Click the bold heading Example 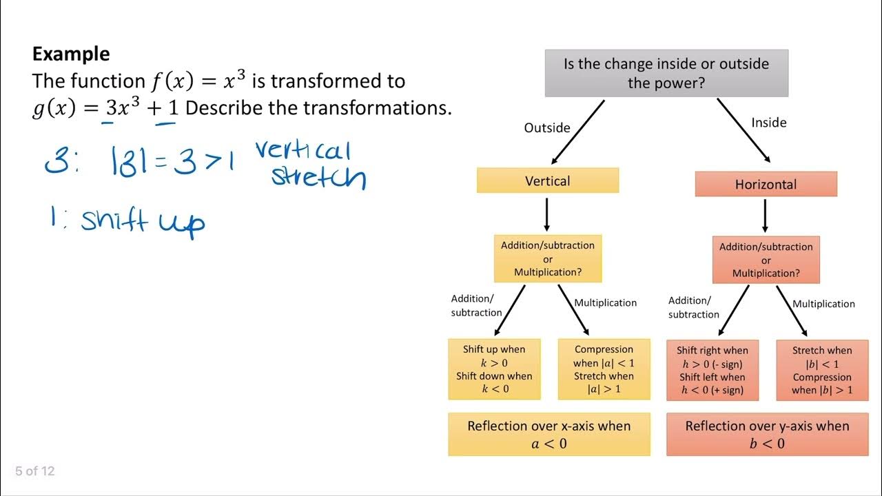[x=71, y=54]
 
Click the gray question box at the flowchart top [x=666, y=73]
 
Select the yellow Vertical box [x=548, y=180]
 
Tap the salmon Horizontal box [x=766, y=185]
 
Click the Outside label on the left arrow [x=547, y=127]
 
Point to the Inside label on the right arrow [x=768, y=123]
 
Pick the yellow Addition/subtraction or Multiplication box [x=548, y=258]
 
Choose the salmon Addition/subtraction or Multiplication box [x=766, y=260]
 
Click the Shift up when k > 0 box [x=494, y=369]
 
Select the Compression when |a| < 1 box [x=604, y=369]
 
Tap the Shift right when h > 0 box [x=712, y=370]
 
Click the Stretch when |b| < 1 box [x=821, y=370]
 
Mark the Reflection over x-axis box [x=548, y=434]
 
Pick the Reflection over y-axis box [x=767, y=434]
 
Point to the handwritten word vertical [x=303, y=150]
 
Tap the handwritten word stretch [x=318, y=177]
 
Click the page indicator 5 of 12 [x=35, y=471]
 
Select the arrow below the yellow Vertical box [x=546, y=214]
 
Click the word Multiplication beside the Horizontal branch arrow [x=823, y=304]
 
